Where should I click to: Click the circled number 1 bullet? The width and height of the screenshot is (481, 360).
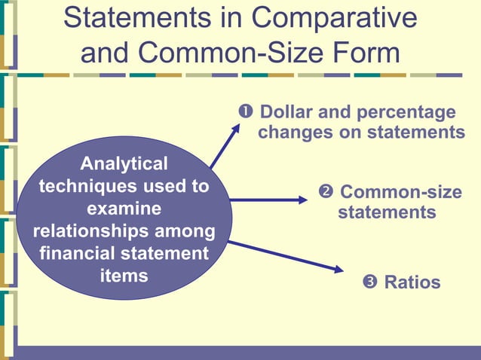point(245,112)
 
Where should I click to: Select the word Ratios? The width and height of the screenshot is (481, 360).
point(412,282)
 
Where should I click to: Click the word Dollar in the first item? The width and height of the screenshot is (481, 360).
point(288,112)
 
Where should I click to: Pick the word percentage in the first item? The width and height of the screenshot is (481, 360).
point(407,112)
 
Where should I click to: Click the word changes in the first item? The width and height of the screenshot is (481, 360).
point(294,133)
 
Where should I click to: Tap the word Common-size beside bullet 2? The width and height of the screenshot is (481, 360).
point(401,192)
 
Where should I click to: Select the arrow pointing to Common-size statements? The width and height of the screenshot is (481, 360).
point(268,200)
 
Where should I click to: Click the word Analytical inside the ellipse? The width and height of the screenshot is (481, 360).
point(124,163)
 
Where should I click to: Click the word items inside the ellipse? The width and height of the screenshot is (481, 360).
point(124,275)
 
